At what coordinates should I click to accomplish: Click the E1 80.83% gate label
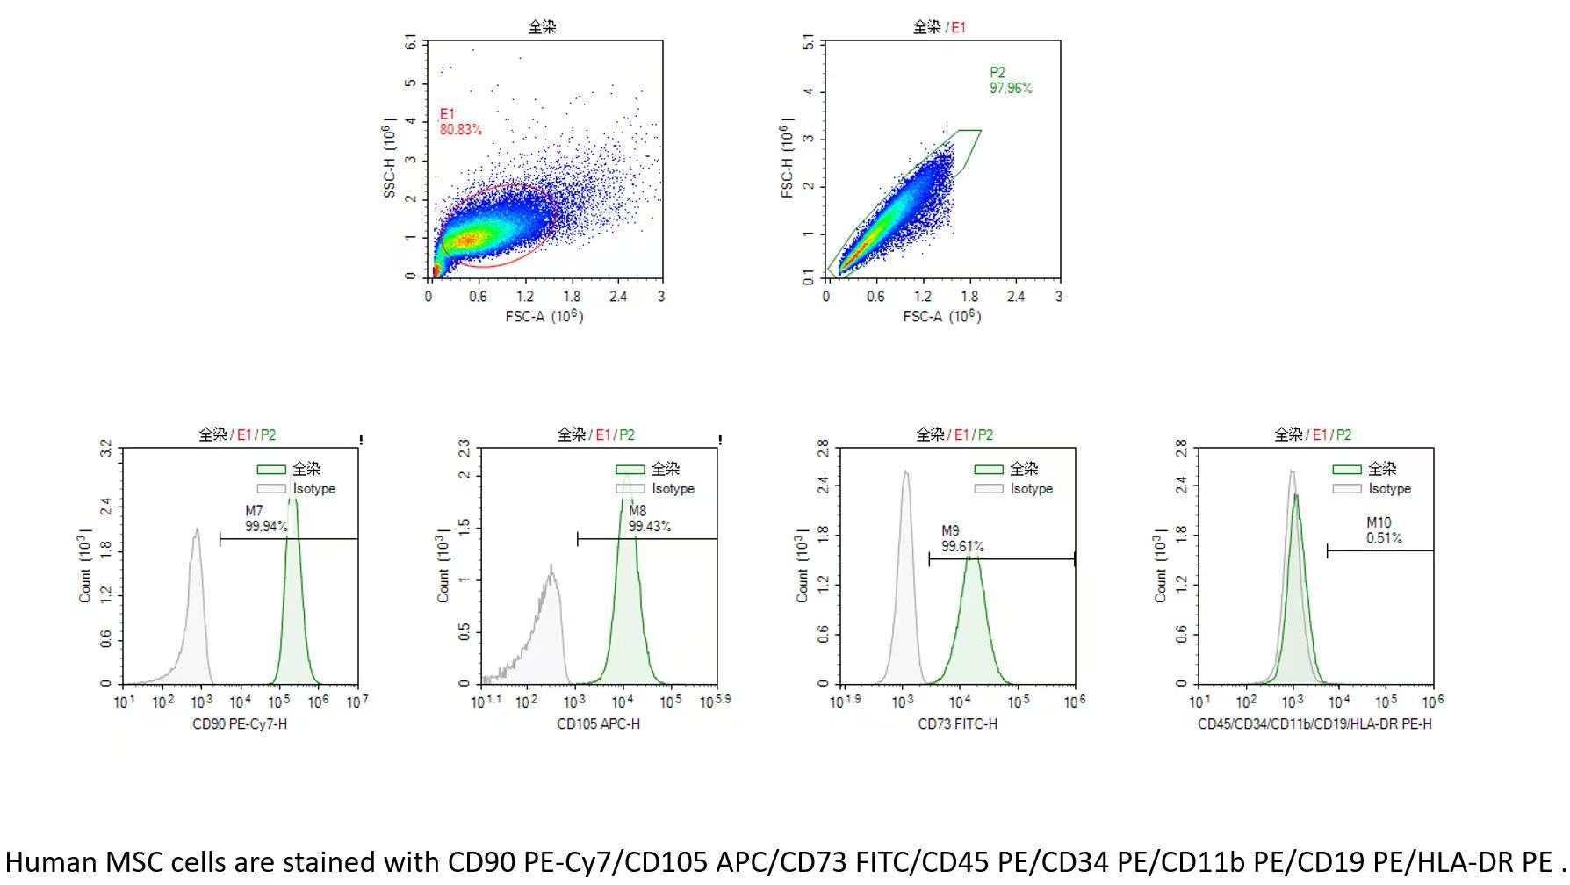click(x=460, y=122)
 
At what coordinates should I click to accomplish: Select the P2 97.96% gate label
click(x=1011, y=81)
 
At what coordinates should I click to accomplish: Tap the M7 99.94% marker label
click(x=266, y=519)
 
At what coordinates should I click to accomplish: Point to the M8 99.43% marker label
click(x=649, y=519)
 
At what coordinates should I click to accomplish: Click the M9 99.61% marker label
click(x=962, y=539)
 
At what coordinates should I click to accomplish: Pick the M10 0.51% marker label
click(x=1384, y=530)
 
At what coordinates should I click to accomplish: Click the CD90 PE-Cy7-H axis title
click(x=240, y=724)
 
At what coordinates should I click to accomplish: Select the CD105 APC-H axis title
click(x=598, y=724)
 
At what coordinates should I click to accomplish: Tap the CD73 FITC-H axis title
click(x=957, y=724)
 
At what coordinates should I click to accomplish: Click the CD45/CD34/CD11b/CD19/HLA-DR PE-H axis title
click(x=1314, y=724)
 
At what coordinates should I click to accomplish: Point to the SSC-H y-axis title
click(x=389, y=161)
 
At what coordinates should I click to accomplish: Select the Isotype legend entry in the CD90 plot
click(x=297, y=489)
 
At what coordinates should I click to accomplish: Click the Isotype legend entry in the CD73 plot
click(x=1013, y=489)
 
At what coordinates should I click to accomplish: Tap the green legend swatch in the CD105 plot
click(x=630, y=469)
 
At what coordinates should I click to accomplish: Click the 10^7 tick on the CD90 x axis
click(x=357, y=702)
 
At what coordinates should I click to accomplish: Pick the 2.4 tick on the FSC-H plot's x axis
click(x=1016, y=297)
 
